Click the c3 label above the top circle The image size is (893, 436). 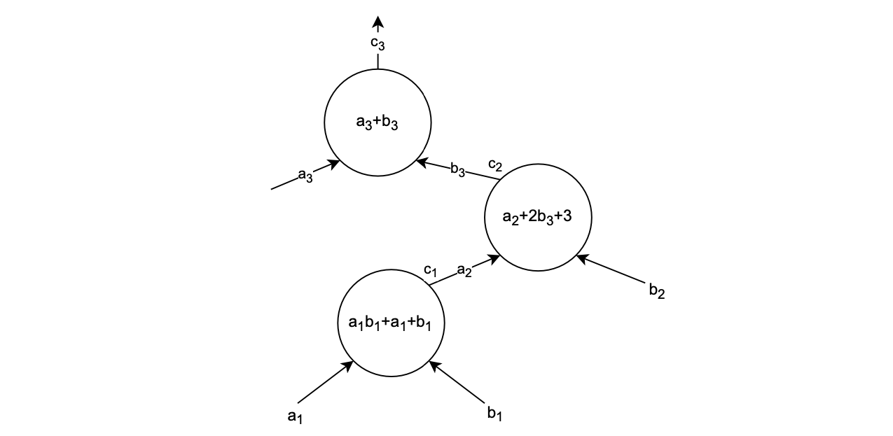[x=378, y=43]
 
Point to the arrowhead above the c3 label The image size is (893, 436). [x=378, y=22]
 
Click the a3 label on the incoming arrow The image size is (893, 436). [x=305, y=175]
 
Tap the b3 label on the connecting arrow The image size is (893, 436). [x=458, y=170]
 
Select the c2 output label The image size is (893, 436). [x=495, y=165]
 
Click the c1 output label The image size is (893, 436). [x=430, y=269]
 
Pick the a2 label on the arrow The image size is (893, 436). [x=464, y=270]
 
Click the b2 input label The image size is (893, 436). [x=656, y=292]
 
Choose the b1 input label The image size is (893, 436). [x=494, y=413]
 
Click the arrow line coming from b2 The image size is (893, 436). [x=613, y=271]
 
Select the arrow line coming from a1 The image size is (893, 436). [x=324, y=383]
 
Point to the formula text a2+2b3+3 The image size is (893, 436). [x=537, y=217]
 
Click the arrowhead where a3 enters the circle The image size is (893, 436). [x=334, y=164]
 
